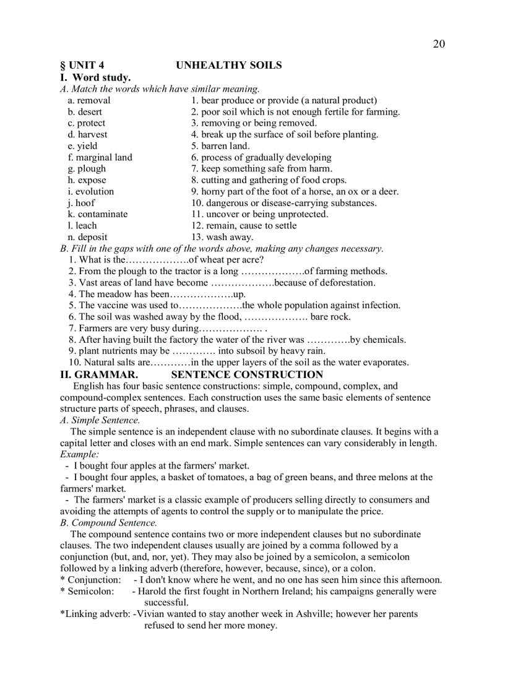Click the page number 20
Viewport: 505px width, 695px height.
coord(438,43)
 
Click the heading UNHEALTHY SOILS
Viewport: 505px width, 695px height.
coord(228,65)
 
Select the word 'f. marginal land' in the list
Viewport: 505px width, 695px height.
coord(100,157)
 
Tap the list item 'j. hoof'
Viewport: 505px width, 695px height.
coord(81,202)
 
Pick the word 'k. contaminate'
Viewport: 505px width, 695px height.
coord(98,214)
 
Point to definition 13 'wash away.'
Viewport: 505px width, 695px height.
coord(222,237)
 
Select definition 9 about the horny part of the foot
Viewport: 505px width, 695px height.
coord(295,191)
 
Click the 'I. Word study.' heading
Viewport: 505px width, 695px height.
coord(95,77)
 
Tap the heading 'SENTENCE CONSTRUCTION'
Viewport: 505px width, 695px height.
coord(247,374)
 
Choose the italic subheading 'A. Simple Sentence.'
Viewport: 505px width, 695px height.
coord(100,420)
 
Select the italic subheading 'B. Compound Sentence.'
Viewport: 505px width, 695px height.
coord(108,523)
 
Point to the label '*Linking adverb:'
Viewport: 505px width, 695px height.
coord(95,614)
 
